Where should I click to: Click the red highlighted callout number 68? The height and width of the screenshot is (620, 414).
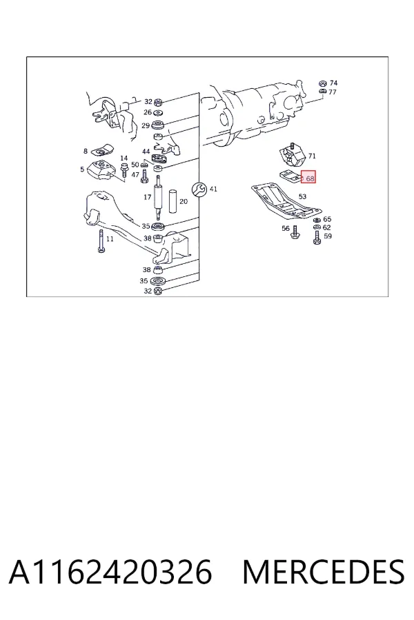(310, 178)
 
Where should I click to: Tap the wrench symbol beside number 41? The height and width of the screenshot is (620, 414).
(199, 189)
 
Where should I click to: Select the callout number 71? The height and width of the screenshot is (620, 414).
(312, 156)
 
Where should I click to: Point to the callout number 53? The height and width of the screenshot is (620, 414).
(302, 196)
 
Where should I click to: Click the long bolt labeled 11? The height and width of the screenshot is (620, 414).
(101, 241)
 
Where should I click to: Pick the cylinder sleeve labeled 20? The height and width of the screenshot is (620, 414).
(174, 202)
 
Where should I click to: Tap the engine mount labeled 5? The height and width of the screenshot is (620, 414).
(101, 171)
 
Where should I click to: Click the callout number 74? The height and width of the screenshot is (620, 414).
(333, 83)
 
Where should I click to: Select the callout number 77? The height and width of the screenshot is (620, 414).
(333, 92)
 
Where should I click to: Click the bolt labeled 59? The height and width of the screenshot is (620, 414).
(317, 237)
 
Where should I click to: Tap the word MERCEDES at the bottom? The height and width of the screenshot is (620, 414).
(324, 572)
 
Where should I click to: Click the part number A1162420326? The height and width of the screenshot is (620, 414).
(110, 572)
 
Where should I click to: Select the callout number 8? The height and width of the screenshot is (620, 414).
(85, 151)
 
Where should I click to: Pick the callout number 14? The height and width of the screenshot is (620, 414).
(124, 158)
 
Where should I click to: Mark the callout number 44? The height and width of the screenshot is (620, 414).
(146, 152)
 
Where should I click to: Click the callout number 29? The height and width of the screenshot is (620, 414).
(146, 126)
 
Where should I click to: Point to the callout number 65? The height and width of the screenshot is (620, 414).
(327, 218)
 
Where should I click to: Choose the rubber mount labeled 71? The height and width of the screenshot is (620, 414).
(293, 156)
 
